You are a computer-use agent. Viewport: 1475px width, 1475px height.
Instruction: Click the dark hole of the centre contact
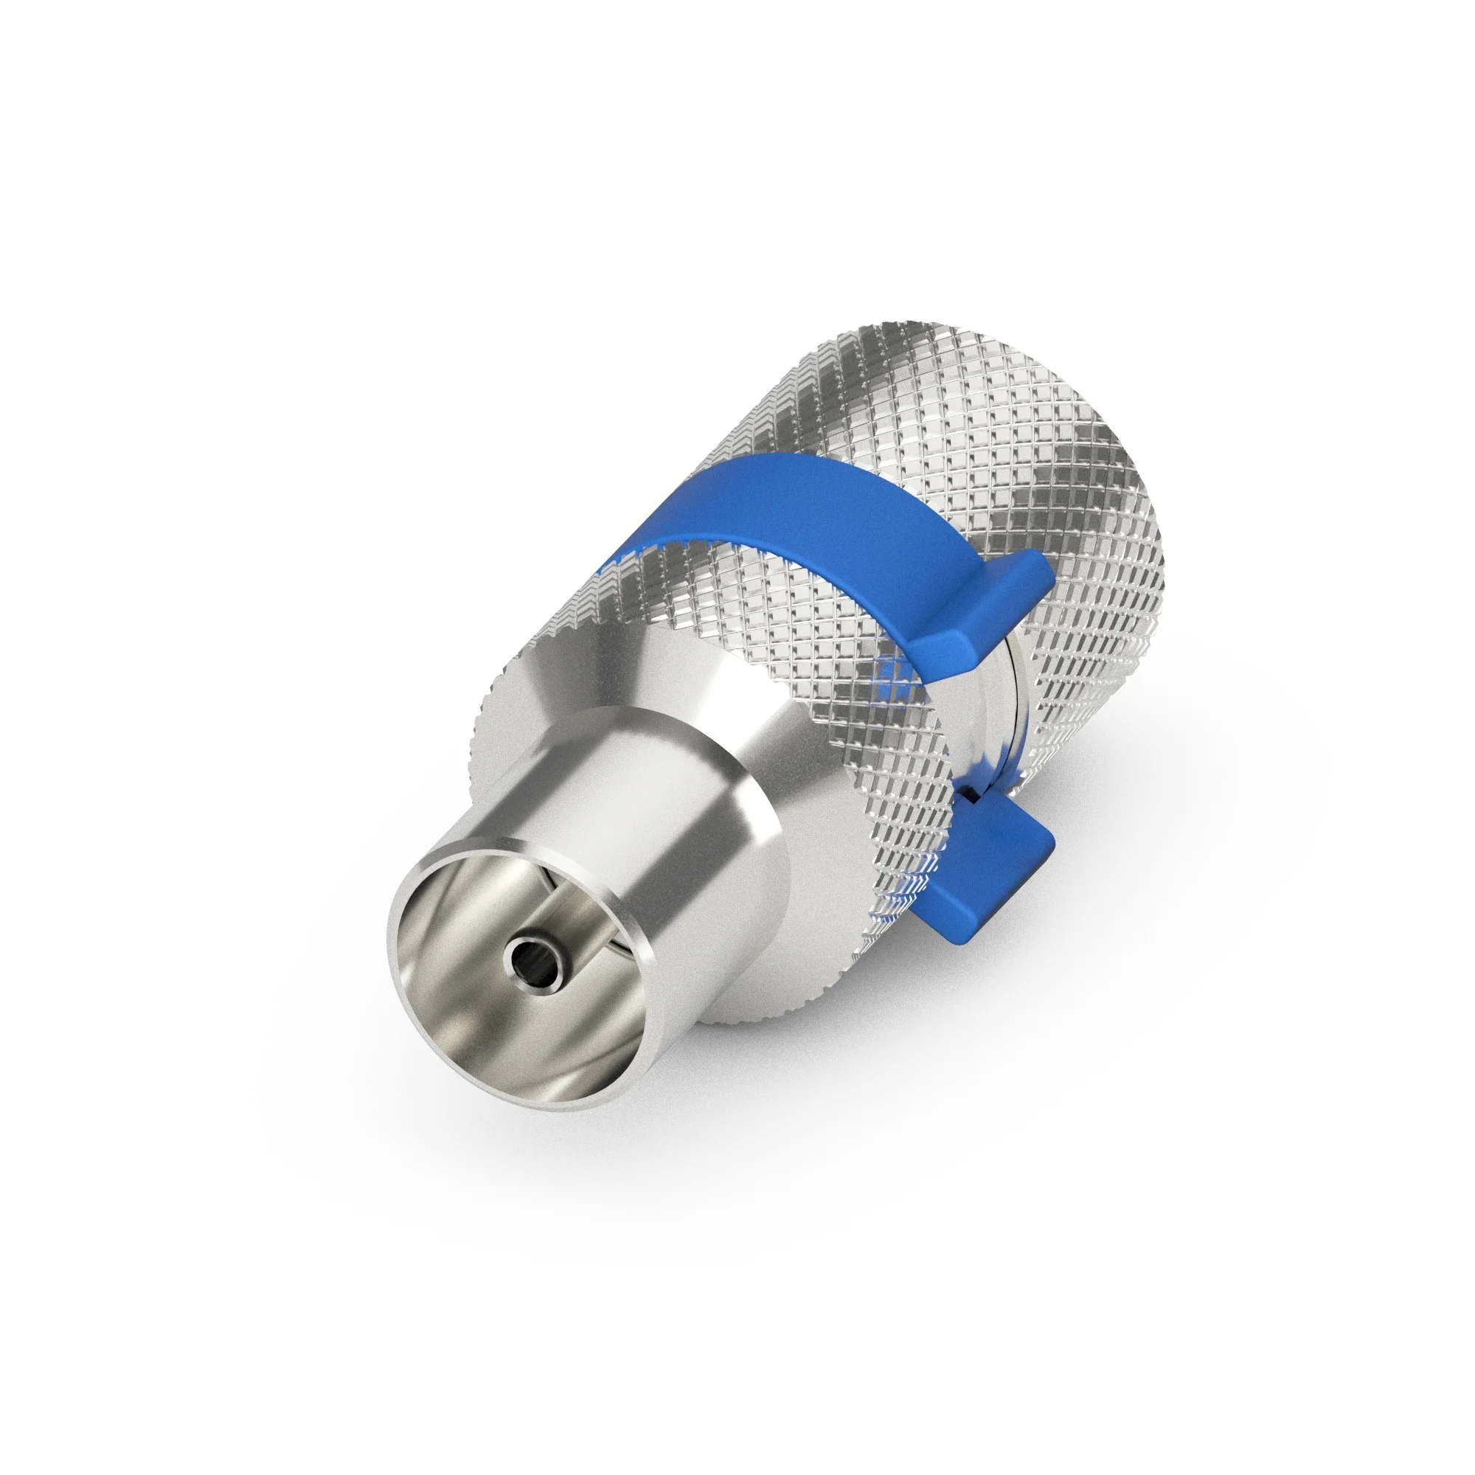[x=526, y=954]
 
